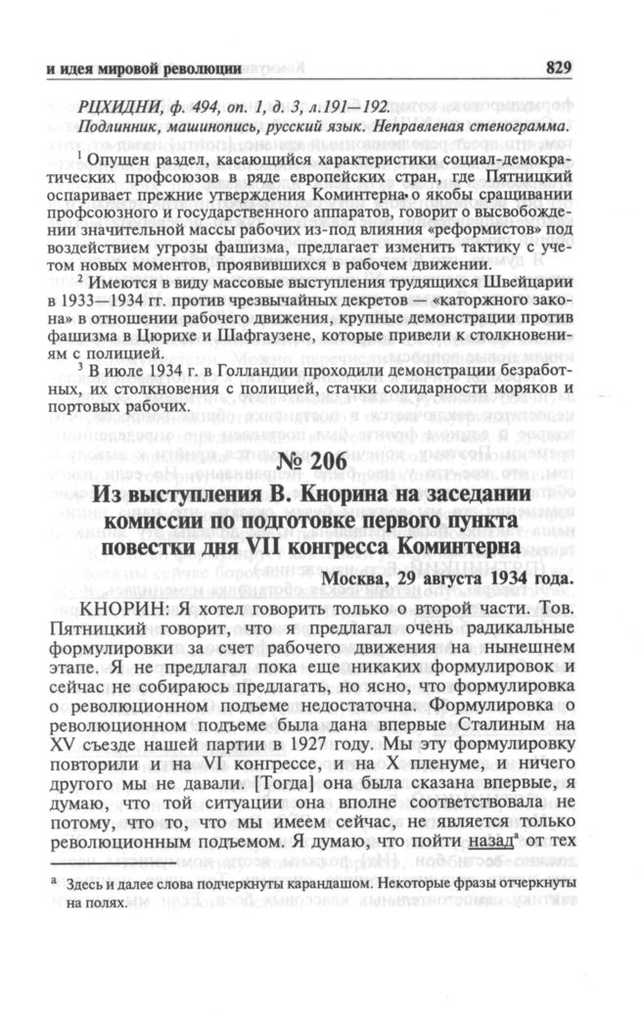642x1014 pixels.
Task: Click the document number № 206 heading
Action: [319, 462]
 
